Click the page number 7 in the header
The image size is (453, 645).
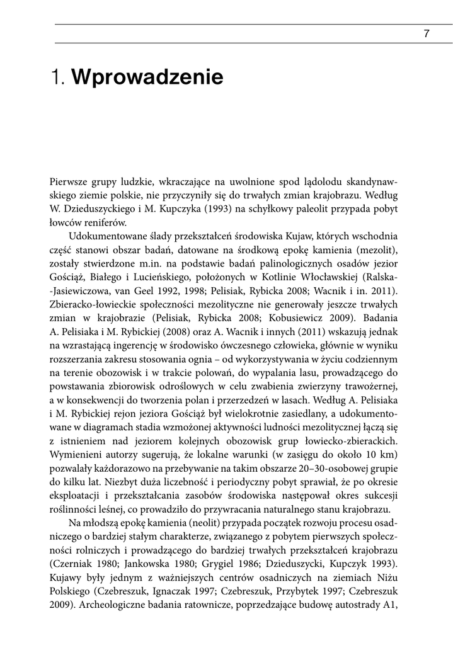(426, 34)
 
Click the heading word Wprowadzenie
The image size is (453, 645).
(148, 77)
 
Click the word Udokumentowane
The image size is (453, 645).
(108, 236)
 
